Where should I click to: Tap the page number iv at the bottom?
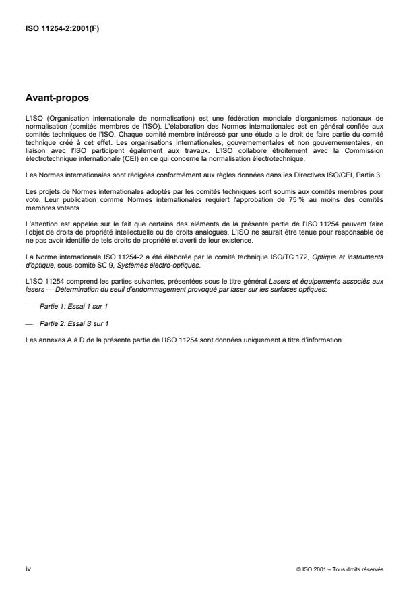(x=27, y=569)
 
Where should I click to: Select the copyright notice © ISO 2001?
(x=340, y=569)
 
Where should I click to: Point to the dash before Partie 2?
(x=28, y=323)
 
